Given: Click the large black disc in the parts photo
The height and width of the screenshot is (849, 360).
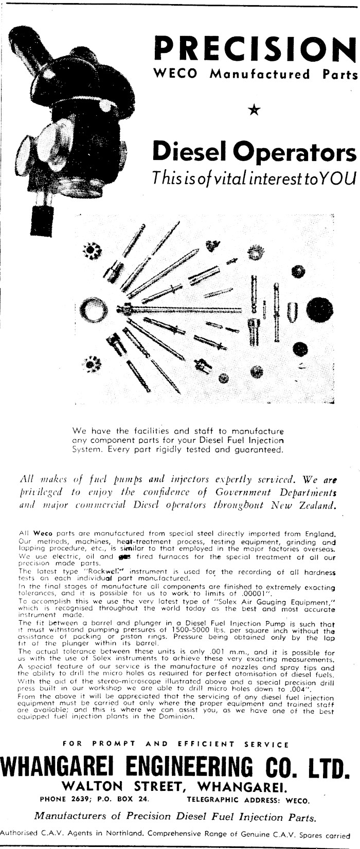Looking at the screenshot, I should coord(319,309).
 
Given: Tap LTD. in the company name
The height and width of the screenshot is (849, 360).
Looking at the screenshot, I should coord(326,770).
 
